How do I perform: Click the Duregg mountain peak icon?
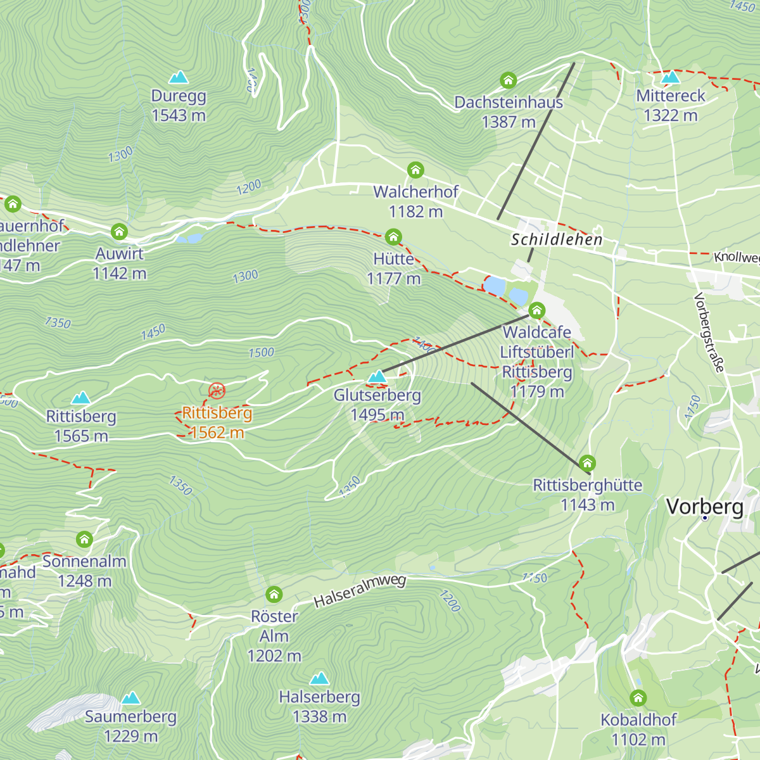pyautogui.click(x=179, y=77)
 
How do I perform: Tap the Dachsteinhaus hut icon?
pyautogui.click(x=509, y=80)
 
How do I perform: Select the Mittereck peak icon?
pyautogui.click(x=670, y=77)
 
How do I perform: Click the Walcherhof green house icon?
pyautogui.click(x=415, y=170)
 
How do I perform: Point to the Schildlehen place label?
pyautogui.click(x=556, y=239)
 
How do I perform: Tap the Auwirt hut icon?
pyautogui.click(x=120, y=232)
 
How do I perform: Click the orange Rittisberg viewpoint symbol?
pyautogui.click(x=217, y=390)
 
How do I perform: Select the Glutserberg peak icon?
pyautogui.click(x=377, y=377)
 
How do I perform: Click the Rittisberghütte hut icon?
pyautogui.click(x=588, y=463)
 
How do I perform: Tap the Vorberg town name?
pyautogui.click(x=705, y=507)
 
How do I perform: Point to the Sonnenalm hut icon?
pyautogui.click(x=84, y=540)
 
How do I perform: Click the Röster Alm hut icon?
pyautogui.click(x=274, y=595)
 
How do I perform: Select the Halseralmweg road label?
pyautogui.click(x=360, y=591)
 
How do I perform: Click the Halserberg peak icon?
pyautogui.click(x=319, y=678)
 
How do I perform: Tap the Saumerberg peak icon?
pyautogui.click(x=130, y=698)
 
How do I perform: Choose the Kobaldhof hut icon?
pyautogui.click(x=638, y=698)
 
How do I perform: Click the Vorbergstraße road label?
pyautogui.click(x=709, y=332)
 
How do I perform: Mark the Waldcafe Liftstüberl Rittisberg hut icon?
pyautogui.click(x=537, y=310)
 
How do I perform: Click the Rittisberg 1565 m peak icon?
pyautogui.click(x=81, y=398)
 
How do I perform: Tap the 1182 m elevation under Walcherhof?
pyautogui.click(x=415, y=212)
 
